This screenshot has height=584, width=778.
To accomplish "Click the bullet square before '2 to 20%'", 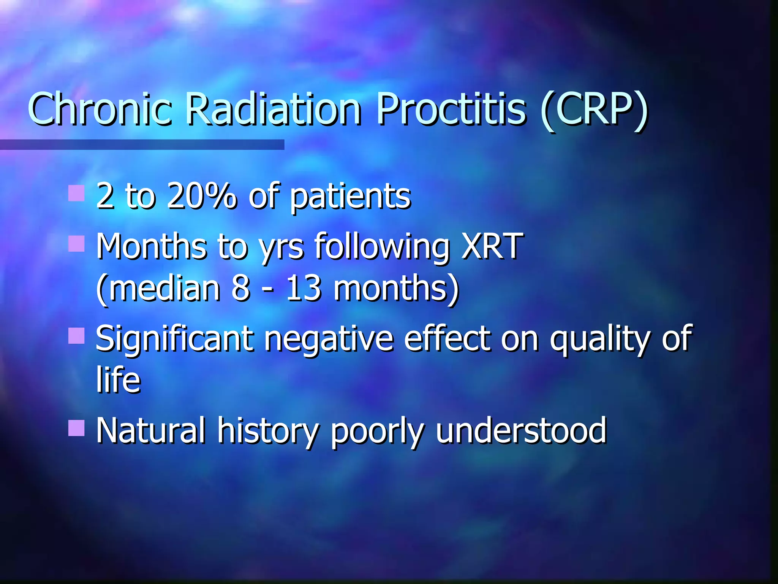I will pos(76,193).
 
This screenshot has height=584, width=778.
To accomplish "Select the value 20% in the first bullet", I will pos(201,196).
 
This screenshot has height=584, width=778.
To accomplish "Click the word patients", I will pos(350,198).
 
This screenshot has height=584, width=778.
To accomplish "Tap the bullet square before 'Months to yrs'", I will pos(76,244).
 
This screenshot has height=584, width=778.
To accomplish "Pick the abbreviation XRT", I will pos(492,246).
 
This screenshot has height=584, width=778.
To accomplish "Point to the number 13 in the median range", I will pos(303,288).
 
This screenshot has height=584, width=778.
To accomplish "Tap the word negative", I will pos(329,339).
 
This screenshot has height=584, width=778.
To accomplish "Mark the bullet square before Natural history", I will pos(76,428).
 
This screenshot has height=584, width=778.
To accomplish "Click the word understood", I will pos(521,430).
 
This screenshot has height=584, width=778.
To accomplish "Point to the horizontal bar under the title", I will pos(142,144).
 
